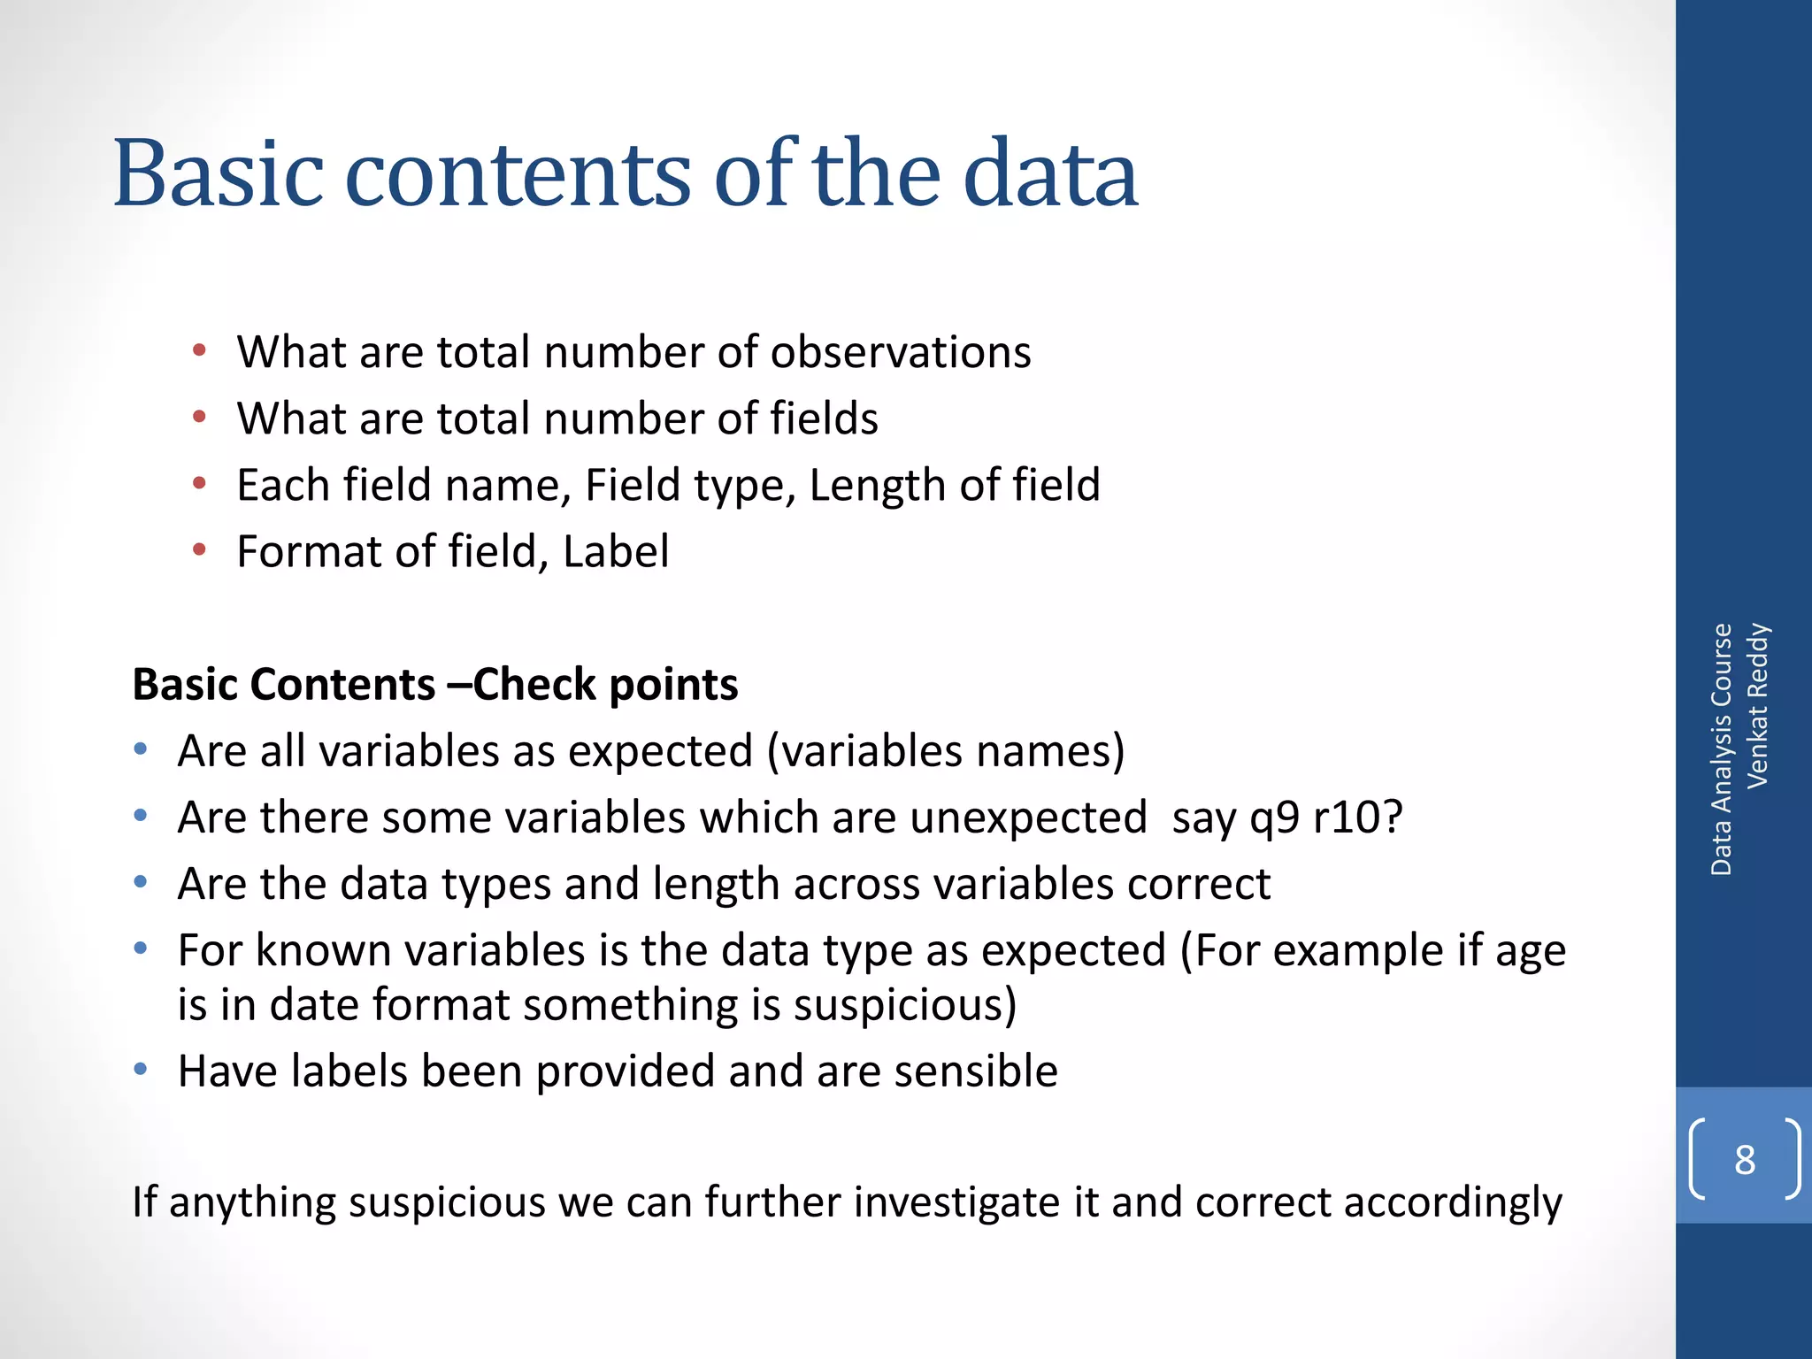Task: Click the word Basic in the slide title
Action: point(217,173)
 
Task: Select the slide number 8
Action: point(1745,1159)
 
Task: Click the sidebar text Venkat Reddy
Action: point(1757,705)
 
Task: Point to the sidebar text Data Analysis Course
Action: point(1721,749)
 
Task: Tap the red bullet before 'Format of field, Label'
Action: point(200,550)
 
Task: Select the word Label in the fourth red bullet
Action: point(616,551)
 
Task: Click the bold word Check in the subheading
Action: point(534,684)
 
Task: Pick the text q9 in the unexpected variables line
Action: point(1274,818)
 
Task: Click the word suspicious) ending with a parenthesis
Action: point(904,1005)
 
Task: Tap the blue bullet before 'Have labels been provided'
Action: point(141,1071)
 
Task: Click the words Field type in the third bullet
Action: point(690,486)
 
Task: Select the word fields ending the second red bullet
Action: point(824,418)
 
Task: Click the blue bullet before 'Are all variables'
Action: point(141,750)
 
